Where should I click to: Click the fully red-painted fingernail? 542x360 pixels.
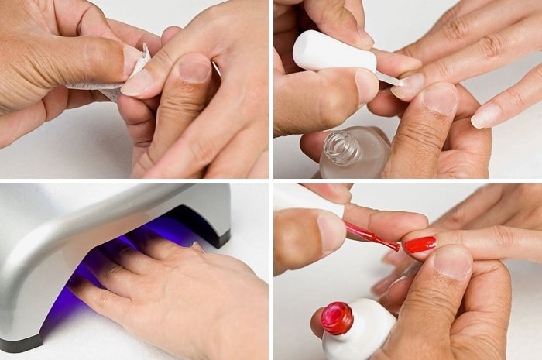click(x=420, y=245)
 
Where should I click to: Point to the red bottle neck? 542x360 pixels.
click(x=337, y=317)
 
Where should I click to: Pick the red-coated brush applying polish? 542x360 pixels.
click(x=372, y=236)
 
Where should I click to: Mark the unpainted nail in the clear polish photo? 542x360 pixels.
click(x=486, y=115)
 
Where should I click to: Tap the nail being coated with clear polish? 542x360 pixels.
click(x=408, y=84)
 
